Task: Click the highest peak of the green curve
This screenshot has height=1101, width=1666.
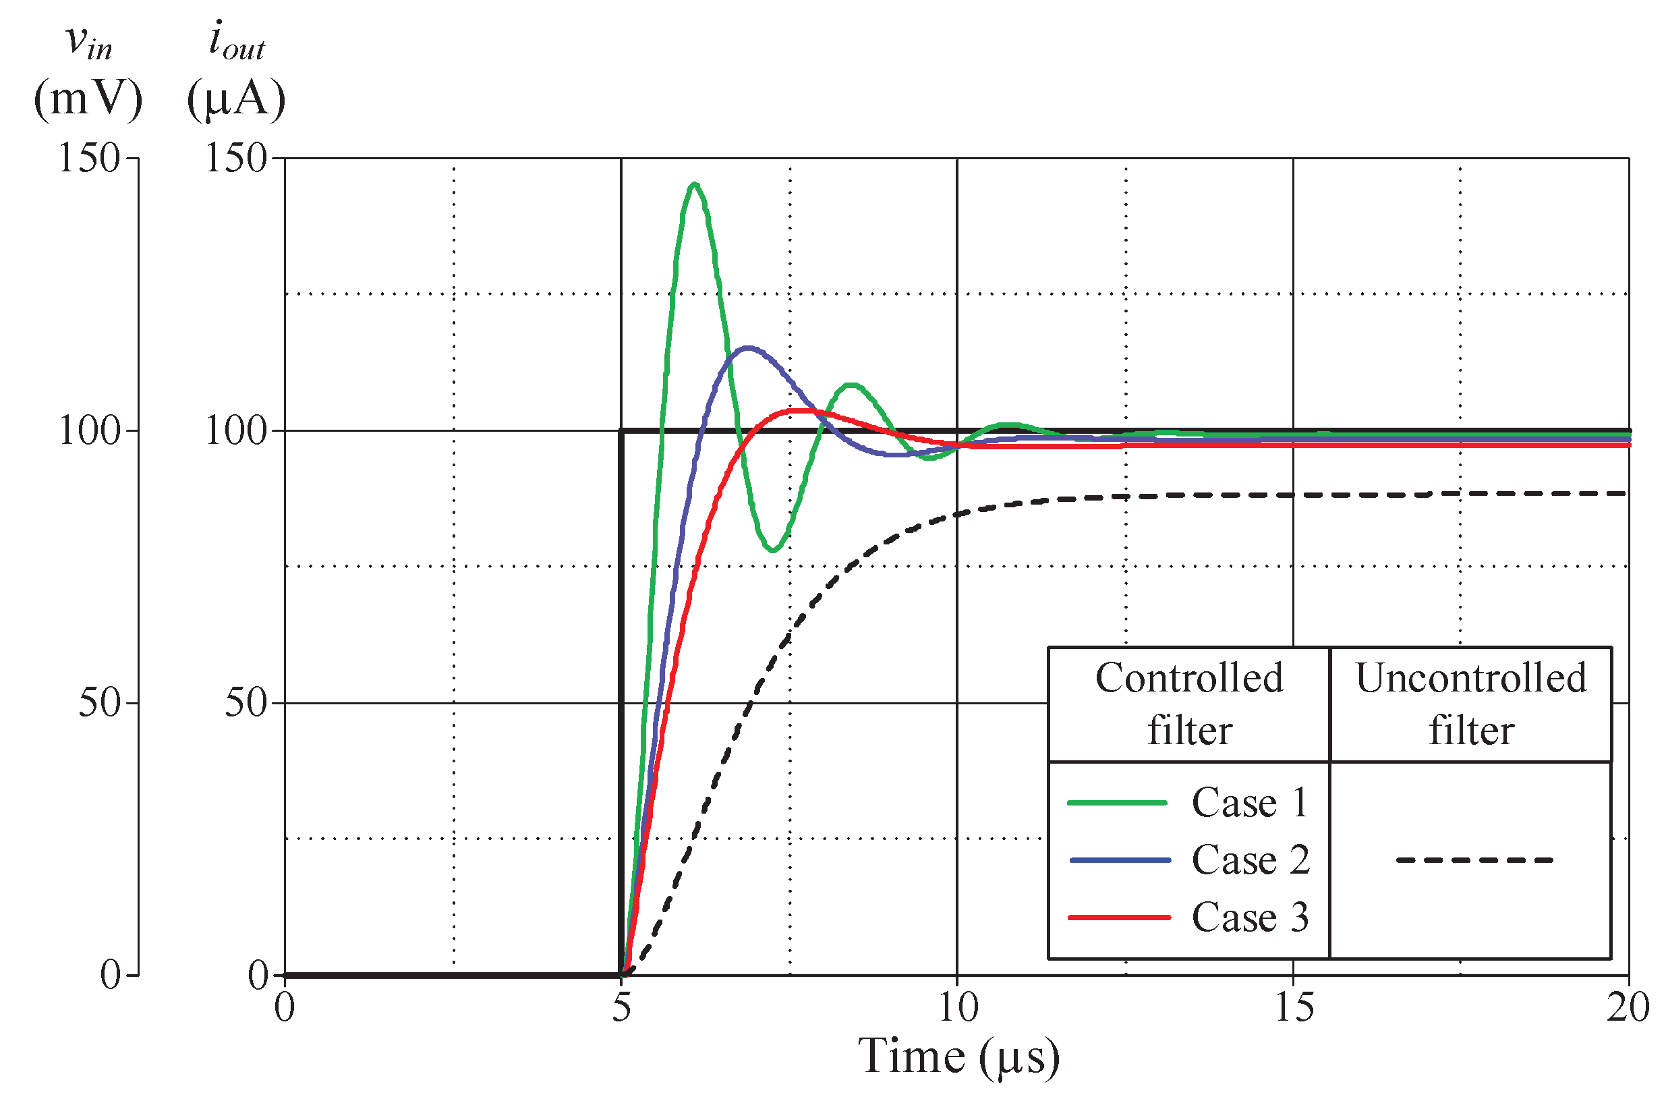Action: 694,185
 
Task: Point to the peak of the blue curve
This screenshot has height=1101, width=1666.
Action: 748,347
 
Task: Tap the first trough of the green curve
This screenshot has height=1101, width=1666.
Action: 772,550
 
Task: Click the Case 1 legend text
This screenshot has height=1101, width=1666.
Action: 1250,803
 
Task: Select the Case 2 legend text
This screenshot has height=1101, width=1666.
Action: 1250,860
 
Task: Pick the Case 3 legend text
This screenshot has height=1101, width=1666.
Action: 1250,917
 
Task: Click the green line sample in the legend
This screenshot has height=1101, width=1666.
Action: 1117,803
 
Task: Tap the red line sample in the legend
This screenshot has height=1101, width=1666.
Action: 1119,918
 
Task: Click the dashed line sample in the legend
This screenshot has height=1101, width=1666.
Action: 1474,860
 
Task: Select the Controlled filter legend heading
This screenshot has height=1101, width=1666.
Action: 1188,704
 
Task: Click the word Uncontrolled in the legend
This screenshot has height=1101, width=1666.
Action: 1471,678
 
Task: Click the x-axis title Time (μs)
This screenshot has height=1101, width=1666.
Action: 958,1056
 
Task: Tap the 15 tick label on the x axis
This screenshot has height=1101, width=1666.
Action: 1293,1009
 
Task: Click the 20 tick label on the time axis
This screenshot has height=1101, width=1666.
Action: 1628,1009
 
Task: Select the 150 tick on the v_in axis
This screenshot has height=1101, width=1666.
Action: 88,158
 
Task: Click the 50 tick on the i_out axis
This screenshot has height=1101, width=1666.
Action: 245,703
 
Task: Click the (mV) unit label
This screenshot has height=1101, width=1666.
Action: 88,98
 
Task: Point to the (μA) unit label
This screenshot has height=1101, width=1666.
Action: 237,98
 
